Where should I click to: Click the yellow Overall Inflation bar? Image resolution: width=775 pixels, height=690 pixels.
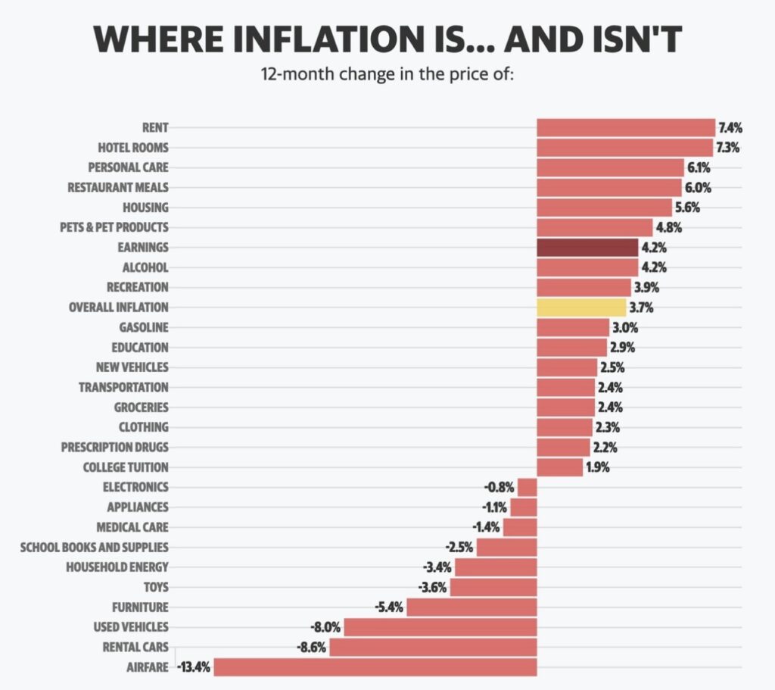click(x=581, y=308)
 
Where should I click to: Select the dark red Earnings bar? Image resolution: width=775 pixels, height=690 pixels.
click(x=587, y=248)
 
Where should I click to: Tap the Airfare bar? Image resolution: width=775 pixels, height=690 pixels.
click(x=375, y=667)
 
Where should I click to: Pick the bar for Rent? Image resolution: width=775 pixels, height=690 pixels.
click(x=626, y=127)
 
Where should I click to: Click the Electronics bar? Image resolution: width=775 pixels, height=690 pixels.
click(x=528, y=487)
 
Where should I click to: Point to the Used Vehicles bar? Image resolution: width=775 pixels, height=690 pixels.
click(x=440, y=627)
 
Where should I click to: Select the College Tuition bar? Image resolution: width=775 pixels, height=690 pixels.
click(x=560, y=467)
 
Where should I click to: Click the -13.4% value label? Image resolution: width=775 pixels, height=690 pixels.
click(x=194, y=667)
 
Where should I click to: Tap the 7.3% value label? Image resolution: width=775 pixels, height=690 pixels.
click(x=728, y=147)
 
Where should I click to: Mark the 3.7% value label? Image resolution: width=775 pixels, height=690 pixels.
click(x=640, y=308)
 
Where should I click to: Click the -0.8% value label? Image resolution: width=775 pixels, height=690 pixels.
click(x=500, y=487)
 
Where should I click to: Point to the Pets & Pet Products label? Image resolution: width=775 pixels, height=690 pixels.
click(x=114, y=227)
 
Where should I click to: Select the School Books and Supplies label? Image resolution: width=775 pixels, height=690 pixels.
click(x=95, y=547)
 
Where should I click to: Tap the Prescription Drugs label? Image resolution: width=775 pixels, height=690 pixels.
click(x=114, y=447)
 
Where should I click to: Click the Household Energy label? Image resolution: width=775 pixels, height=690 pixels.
click(x=117, y=567)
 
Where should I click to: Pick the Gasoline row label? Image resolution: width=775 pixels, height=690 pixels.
click(x=144, y=327)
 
